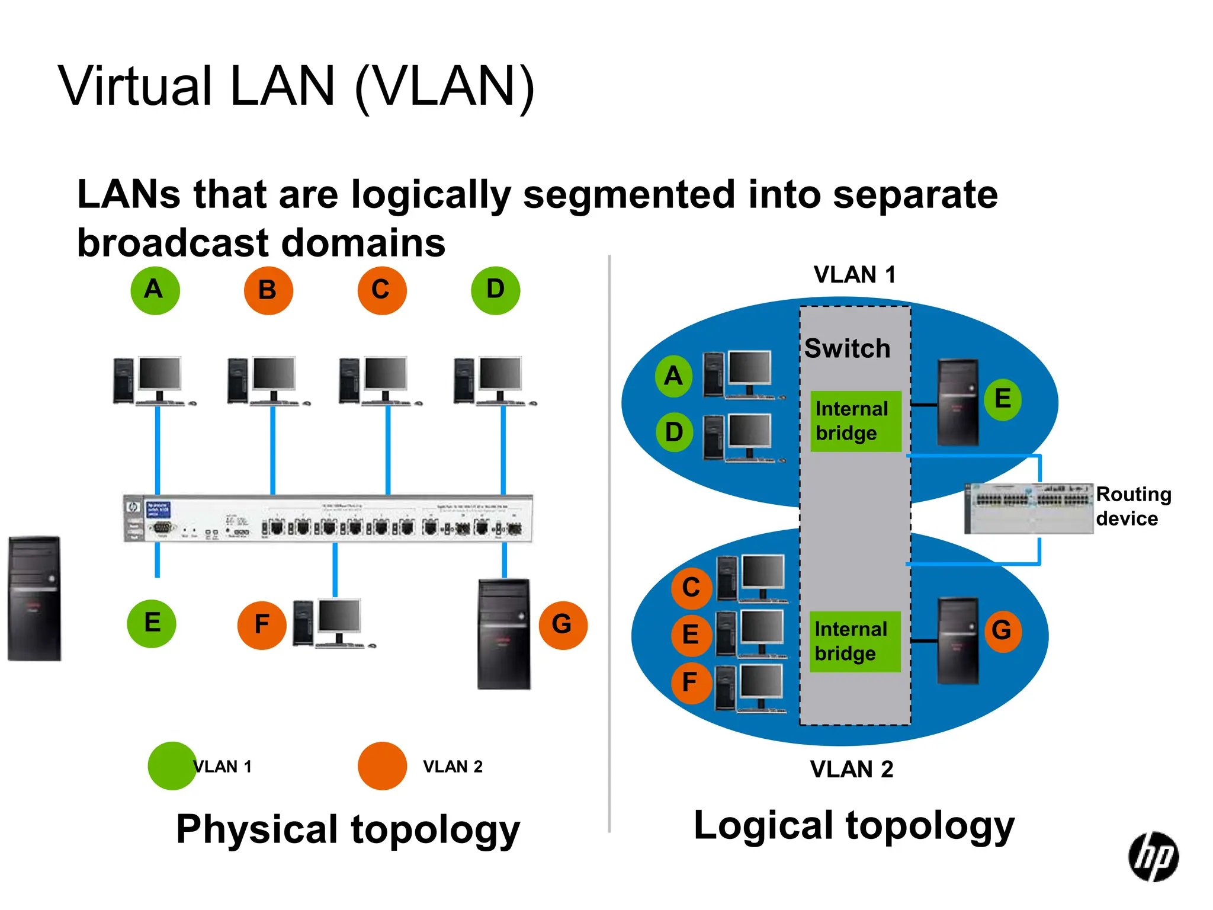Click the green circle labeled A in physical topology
(155, 290)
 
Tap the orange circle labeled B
(268, 290)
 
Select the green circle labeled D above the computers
(495, 290)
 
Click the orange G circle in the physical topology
(563, 625)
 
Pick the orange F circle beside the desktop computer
(262, 625)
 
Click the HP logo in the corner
(1153, 857)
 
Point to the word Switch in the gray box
(847, 348)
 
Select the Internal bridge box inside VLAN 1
(855, 421)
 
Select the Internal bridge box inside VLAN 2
(854, 642)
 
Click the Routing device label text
(1132, 506)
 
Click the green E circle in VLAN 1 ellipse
(1002, 399)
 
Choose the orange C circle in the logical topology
(691, 588)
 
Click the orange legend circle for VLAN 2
(382, 766)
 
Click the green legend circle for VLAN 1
(172, 766)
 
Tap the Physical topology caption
(348, 829)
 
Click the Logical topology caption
(853, 826)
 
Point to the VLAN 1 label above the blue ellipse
(854, 275)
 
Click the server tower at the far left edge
(34, 598)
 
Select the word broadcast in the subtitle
(173, 243)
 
